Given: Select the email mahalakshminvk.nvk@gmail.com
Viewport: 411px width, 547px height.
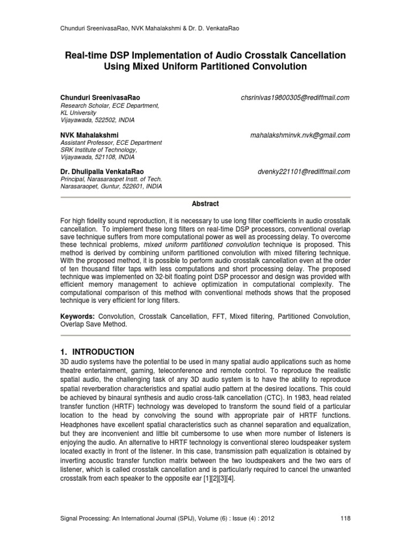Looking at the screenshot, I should pyautogui.click(x=300, y=135).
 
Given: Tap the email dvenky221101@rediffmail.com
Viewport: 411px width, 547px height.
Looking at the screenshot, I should pyautogui.click(x=304, y=171).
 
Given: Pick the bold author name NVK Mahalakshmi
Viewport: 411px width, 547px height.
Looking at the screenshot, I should pyautogui.click(x=89, y=135).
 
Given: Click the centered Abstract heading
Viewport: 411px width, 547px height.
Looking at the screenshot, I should pyautogui.click(x=205, y=204).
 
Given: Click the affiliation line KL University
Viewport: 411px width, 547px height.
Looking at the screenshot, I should pyautogui.click(x=78, y=113).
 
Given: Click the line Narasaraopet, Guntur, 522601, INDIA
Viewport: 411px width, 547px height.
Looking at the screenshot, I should pyautogui.click(x=111, y=186).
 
